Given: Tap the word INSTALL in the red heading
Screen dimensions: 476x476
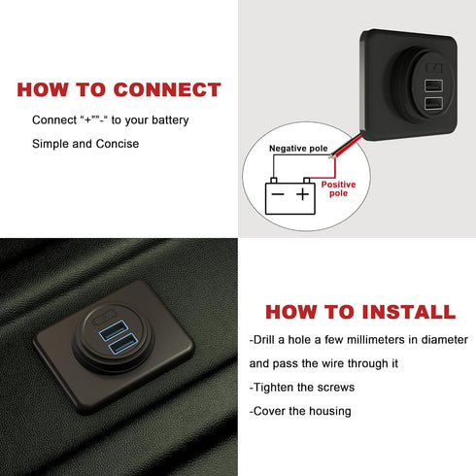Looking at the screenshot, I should coord(398,312).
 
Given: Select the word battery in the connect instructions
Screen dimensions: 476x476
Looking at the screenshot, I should coord(167,119).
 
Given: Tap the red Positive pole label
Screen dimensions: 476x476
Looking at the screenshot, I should coord(338,188).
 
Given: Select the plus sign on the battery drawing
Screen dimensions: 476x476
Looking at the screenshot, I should coord(303,194).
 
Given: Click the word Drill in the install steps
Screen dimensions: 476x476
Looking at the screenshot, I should coord(269,340).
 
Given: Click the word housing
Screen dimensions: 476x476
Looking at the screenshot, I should coord(326,410).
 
